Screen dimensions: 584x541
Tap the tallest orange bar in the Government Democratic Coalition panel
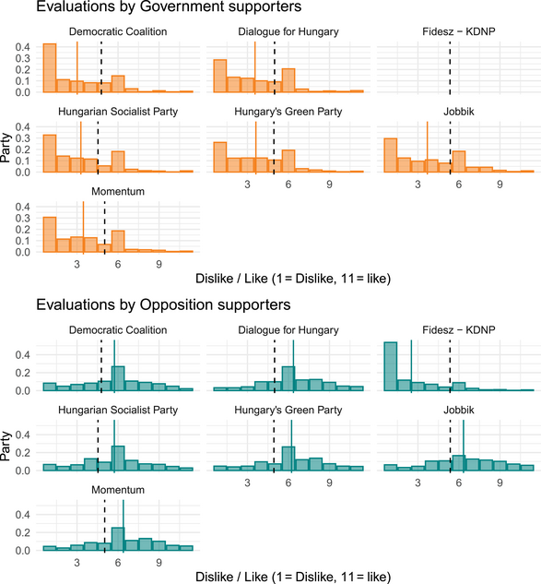point(50,68)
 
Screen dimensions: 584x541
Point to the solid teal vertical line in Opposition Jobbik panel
point(464,446)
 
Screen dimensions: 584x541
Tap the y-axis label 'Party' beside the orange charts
point(7,148)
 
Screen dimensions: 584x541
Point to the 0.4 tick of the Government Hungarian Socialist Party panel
point(25,126)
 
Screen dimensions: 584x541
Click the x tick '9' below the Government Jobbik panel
point(499,185)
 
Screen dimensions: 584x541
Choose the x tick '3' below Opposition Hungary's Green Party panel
point(248,483)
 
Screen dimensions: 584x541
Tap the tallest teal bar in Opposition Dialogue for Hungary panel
point(288,378)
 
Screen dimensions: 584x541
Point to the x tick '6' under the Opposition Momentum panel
point(118,563)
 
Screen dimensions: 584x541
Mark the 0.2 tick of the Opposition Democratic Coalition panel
point(25,372)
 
